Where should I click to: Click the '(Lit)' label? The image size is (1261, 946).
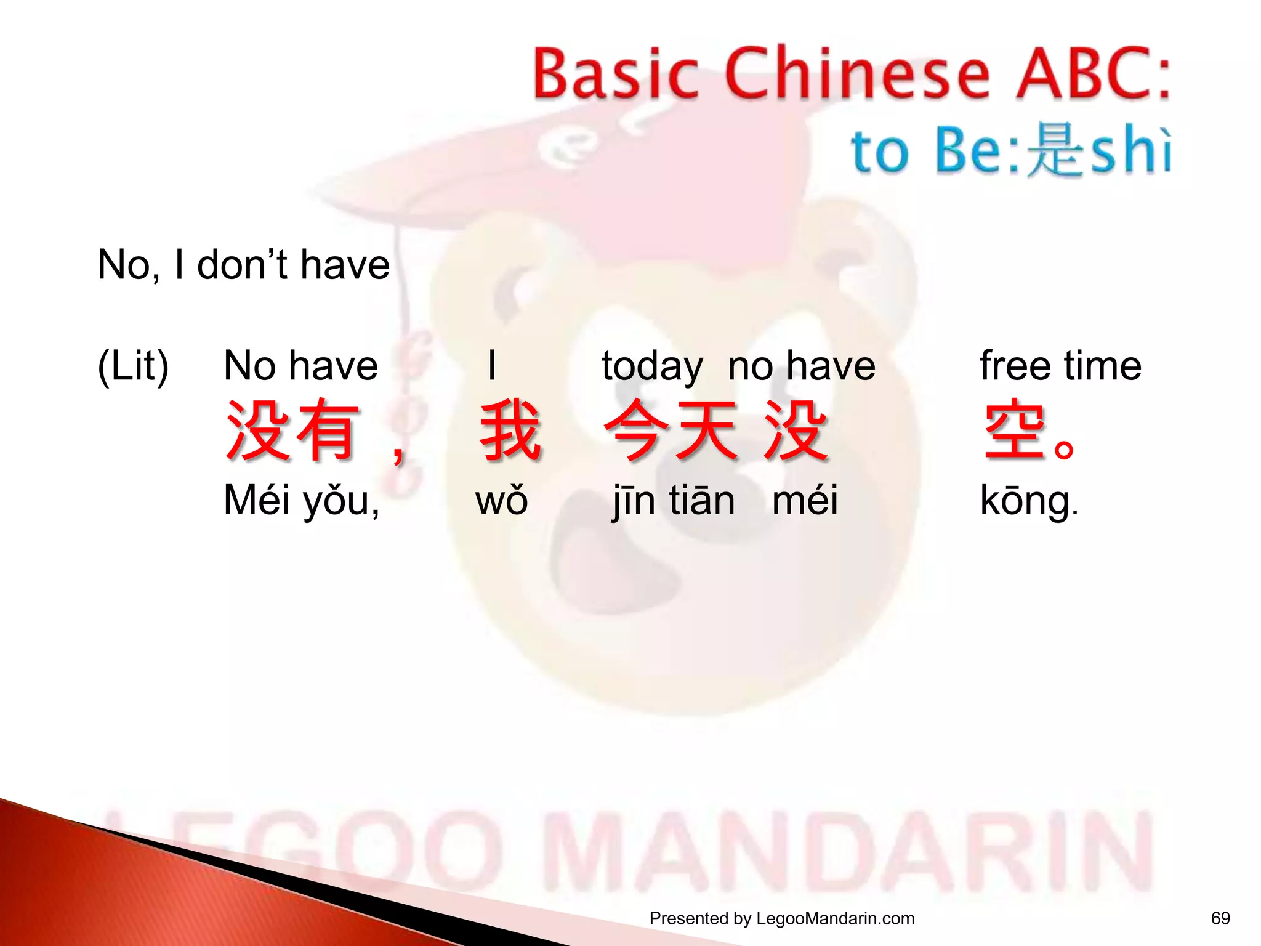tap(133, 366)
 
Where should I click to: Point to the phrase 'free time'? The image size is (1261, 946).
tap(1060, 366)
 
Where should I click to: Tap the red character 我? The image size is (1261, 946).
tap(510, 431)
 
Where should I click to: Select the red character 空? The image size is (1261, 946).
tap(1015, 432)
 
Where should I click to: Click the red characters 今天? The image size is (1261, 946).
tap(671, 431)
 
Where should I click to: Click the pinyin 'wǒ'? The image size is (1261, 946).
tap(501, 500)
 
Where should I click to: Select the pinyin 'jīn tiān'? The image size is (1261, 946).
tap(674, 500)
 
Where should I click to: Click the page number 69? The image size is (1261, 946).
tap(1220, 918)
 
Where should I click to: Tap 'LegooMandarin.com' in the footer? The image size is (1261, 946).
tap(835, 918)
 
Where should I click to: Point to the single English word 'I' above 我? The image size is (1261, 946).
tap(491, 366)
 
